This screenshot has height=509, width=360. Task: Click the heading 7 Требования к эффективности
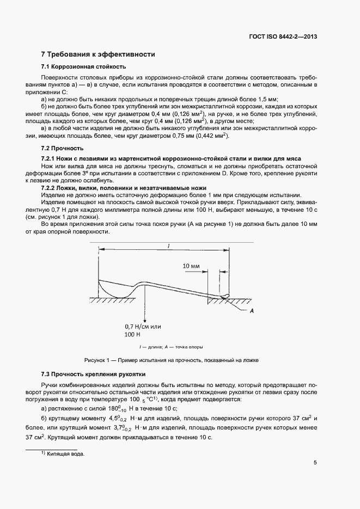click(x=99, y=54)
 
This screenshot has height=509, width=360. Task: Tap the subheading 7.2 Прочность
click(x=62, y=148)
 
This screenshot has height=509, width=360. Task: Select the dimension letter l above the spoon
click(x=169, y=246)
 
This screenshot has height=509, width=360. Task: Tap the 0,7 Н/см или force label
click(x=144, y=327)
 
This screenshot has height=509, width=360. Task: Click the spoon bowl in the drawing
click(x=114, y=289)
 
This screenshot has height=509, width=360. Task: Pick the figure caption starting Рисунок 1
click(x=171, y=360)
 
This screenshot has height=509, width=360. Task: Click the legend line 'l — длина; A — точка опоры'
click(x=171, y=346)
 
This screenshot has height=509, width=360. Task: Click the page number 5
click(x=315, y=463)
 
